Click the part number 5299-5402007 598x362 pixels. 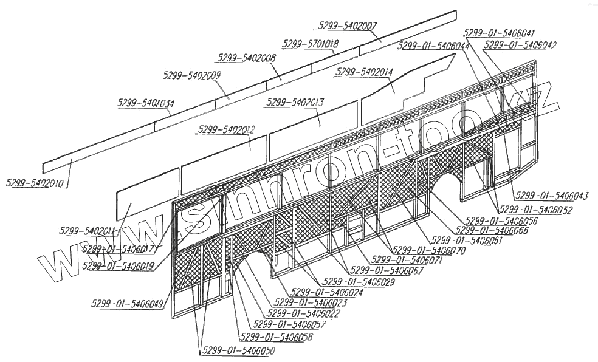coord(348,26)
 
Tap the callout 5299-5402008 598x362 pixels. coord(246,58)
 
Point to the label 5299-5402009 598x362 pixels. coord(192,75)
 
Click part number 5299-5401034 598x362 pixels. coord(146,103)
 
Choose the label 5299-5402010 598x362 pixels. coord(36,183)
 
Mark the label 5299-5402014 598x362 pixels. coord(364,72)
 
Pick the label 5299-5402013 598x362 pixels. coord(295,101)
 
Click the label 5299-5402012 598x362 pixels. coord(226,129)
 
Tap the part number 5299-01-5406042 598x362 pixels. coord(520,44)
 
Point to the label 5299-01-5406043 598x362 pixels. coord(552,195)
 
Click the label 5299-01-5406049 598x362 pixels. coord(128,304)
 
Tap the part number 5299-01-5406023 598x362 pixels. coord(311,302)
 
